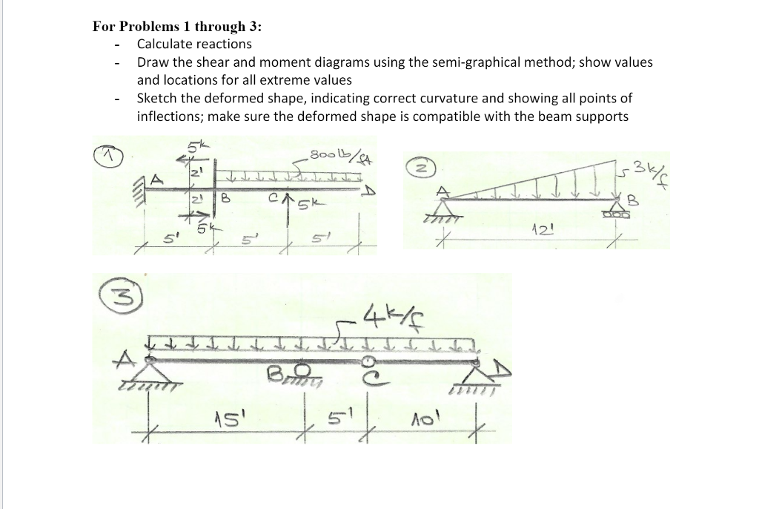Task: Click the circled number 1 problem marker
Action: [x=112, y=155]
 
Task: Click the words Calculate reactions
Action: [x=194, y=44]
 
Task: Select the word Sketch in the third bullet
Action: [x=158, y=99]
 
